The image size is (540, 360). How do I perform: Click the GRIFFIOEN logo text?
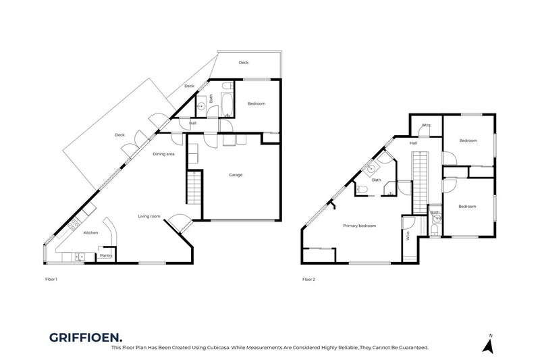(86, 337)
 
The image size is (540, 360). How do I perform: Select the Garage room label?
(236, 175)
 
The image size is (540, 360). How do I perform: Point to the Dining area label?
(164, 154)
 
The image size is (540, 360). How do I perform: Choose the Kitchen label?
(90, 232)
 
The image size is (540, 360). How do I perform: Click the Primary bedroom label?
(359, 226)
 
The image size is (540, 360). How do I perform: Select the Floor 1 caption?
(50, 278)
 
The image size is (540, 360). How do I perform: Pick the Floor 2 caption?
(309, 278)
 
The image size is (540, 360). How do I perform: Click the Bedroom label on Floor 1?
(256, 103)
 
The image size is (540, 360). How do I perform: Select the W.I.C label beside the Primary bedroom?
(408, 236)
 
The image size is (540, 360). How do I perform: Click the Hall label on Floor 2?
(413, 143)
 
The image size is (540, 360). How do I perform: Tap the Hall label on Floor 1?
(193, 123)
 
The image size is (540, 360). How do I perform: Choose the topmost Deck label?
(244, 63)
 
